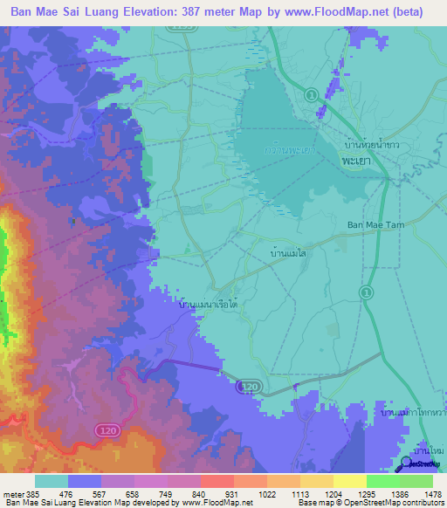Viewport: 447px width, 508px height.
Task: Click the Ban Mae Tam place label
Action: pos(373,224)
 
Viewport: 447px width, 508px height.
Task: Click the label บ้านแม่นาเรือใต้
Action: pos(210,304)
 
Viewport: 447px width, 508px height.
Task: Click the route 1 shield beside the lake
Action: pos(310,93)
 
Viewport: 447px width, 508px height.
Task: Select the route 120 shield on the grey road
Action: pos(250,384)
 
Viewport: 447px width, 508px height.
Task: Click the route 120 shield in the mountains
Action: pos(102,429)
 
